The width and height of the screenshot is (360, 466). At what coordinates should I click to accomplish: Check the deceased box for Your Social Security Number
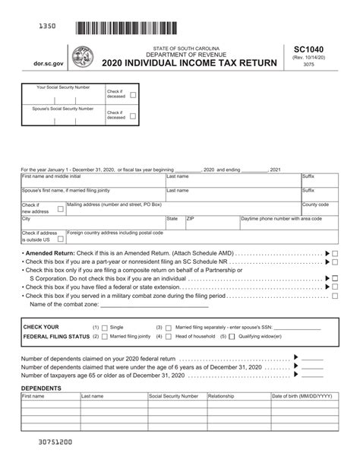click(133, 96)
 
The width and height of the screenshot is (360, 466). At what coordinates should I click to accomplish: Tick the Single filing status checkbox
click(105, 326)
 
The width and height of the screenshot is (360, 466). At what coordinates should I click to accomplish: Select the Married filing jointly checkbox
click(105, 335)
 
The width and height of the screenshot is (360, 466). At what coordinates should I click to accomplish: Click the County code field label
click(315, 204)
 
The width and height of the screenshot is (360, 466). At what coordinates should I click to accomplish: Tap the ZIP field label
click(191, 218)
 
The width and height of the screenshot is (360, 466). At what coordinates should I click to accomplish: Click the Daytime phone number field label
click(280, 218)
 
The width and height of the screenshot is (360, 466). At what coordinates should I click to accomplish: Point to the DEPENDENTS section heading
click(41, 388)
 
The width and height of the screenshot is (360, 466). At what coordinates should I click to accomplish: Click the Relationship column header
click(221, 396)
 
